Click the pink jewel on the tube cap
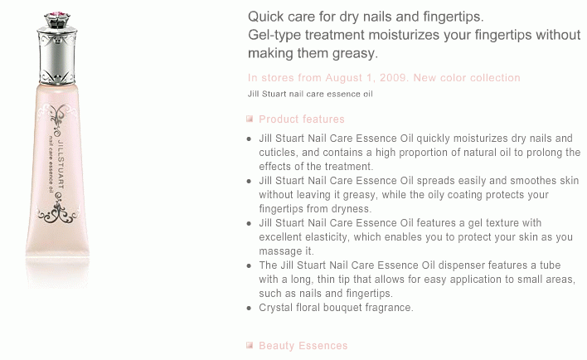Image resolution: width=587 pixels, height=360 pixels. click(57, 15)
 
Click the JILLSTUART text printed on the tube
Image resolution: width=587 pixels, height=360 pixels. click(61, 163)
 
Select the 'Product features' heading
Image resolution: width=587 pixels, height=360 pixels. click(302, 119)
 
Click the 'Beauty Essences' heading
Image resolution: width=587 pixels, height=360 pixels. click(303, 345)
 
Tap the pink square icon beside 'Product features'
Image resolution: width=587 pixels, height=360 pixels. click(250, 119)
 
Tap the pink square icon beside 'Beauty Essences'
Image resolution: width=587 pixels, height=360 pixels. click(250, 345)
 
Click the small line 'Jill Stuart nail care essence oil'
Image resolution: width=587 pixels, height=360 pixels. click(310, 94)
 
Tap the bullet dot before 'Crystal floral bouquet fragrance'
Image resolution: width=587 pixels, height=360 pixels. click(250, 309)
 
